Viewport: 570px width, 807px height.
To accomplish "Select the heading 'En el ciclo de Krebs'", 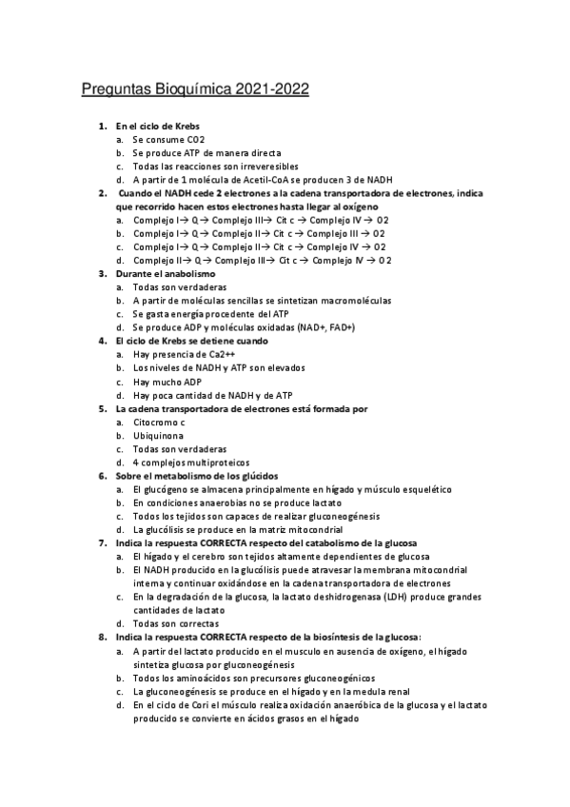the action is pyautogui.click(x=157, y=126).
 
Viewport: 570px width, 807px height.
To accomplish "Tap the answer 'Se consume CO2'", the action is pyautogui.click(x=168, y=139).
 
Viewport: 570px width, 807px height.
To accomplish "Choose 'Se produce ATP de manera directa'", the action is pyautogui.click(x=206, y=152).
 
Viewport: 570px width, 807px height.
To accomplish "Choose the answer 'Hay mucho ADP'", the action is pyautogui.click(x=168, y=381).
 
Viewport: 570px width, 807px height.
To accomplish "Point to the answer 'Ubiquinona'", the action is pyautogui.click(x=158, y=435).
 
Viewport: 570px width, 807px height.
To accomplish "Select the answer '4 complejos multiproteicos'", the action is pyautogui.click(x=193, y=462).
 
